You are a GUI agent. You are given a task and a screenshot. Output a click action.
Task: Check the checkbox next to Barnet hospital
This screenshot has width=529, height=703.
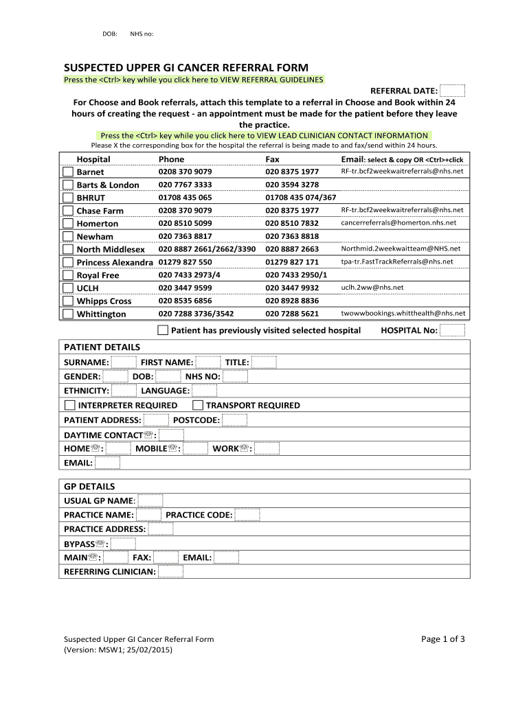click(67, 172)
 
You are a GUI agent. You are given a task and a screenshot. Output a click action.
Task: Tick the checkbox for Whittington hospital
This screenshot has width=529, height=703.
click(67, 314)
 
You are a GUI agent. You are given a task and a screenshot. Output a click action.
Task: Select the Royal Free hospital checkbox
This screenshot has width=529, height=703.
click(67, 275)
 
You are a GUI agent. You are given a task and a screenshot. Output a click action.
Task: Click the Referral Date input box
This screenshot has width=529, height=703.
click(452, 91)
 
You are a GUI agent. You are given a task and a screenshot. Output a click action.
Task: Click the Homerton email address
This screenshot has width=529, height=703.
click(398, 223)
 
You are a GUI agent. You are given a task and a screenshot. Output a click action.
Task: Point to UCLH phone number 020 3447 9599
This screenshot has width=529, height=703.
click(185, 288)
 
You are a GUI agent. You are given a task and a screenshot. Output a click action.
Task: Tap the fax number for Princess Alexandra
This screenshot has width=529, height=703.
click(292, 262)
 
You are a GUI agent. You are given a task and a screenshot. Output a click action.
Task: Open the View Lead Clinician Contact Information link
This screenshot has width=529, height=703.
click(264, 136)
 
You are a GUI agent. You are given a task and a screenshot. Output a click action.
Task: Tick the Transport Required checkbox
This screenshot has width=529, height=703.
click(197, 405)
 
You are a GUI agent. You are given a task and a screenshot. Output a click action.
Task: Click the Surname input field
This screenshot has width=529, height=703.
click(124, 362)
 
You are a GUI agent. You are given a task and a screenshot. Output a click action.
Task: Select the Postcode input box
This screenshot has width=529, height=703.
click(234, 420)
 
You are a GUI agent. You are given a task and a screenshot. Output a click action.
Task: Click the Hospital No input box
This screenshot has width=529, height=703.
click(452, 330)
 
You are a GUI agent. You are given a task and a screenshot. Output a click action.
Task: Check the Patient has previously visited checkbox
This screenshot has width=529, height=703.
click(163, 330)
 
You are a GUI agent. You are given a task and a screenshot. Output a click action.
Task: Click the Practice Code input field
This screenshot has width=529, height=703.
click(247, 515)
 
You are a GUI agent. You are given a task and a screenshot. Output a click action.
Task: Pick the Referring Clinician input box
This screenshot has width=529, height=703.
click(170, 571)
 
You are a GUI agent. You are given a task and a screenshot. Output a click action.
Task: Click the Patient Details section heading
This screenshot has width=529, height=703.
click(102, 347)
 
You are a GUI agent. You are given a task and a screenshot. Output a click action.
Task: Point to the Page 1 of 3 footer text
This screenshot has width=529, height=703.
click(443, 639)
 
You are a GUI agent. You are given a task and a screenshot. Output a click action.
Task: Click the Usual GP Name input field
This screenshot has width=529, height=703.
click(150, 500)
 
